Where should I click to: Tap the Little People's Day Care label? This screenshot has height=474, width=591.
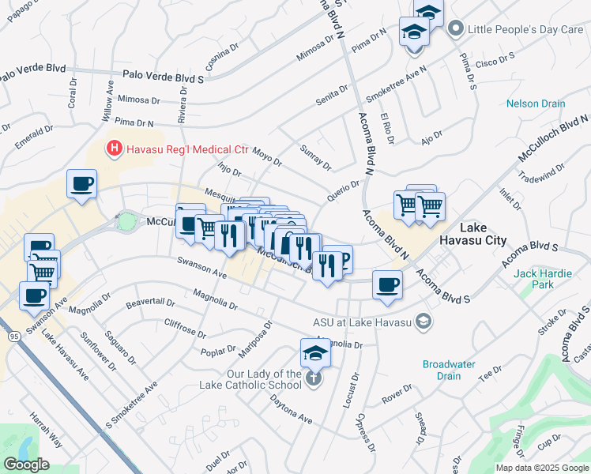point(525,29)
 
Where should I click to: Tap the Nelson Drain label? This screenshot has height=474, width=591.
point(536,103)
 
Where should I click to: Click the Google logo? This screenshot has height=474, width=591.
point(26,465)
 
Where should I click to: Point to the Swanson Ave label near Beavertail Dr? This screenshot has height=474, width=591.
point(202,268)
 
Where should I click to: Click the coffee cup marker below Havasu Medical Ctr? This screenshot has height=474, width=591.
point(81,186)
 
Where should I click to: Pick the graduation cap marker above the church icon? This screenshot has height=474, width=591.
point(315,353)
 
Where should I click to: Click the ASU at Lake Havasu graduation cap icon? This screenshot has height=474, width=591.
point(424,321)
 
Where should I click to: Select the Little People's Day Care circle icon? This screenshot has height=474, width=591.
point(455,29)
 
